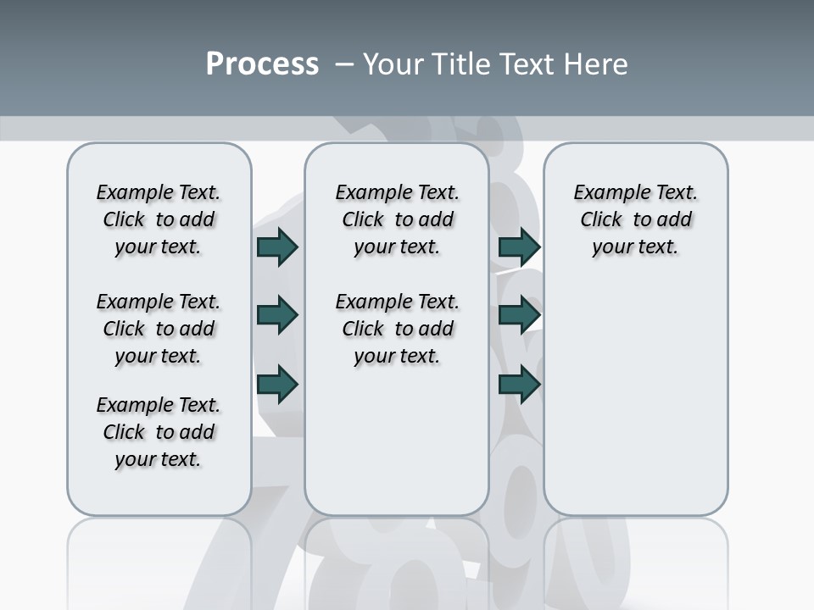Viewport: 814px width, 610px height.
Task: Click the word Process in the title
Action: click(x=262, y=64)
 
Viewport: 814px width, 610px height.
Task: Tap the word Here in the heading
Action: click(x=594, y=64)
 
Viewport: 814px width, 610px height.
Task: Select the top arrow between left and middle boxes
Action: click(x=277, y=247)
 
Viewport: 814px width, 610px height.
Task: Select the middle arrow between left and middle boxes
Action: click(x=277, y=315)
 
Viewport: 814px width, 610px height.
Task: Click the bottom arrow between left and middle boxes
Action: click(x=277, y=384)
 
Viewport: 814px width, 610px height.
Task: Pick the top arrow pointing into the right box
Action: click(x=519, y=247)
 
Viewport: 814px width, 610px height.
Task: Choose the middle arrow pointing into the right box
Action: click(x=519, y=315)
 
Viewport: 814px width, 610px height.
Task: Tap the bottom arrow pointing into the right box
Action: click(x=519, y=384)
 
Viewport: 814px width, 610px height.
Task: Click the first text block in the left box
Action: click(x=159, y=219)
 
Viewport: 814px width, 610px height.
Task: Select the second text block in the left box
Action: click(x=159, y=329)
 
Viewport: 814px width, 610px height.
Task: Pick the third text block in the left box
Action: click(x=159, y=432)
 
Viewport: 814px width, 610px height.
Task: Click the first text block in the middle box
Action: click(x=397, y=219)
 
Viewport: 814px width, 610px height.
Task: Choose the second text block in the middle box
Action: click(x=397, y=329)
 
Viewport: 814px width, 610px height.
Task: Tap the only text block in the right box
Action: click(x=636, y=219)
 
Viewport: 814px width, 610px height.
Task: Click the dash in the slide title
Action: click(x=344, y=64)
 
